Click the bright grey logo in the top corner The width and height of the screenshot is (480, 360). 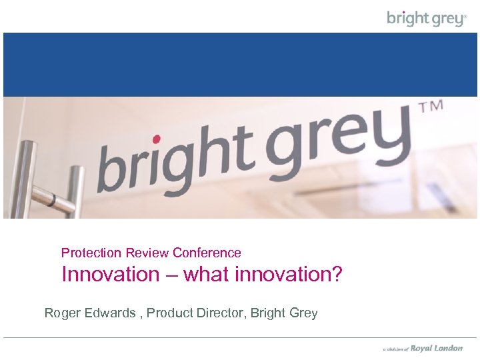click(x=427, y=18)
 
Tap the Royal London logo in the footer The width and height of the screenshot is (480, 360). click(x=436, y=348)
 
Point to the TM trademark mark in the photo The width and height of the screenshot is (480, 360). click(x=430, y=108)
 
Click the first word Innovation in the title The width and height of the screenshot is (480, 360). click(x=111, y=275)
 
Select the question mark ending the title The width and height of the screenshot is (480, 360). click(x=337, y=275)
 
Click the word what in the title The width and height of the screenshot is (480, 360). click(x=206, y=275)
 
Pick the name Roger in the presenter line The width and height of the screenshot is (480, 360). click(x=61, y=313)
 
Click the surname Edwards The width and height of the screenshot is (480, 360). click(x=108, y=313)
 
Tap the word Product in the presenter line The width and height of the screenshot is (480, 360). click(x=167, y=313)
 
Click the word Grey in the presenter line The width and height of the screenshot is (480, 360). click(x=304, y=313)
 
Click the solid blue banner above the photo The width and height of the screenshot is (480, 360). click(x=240, y=65)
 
